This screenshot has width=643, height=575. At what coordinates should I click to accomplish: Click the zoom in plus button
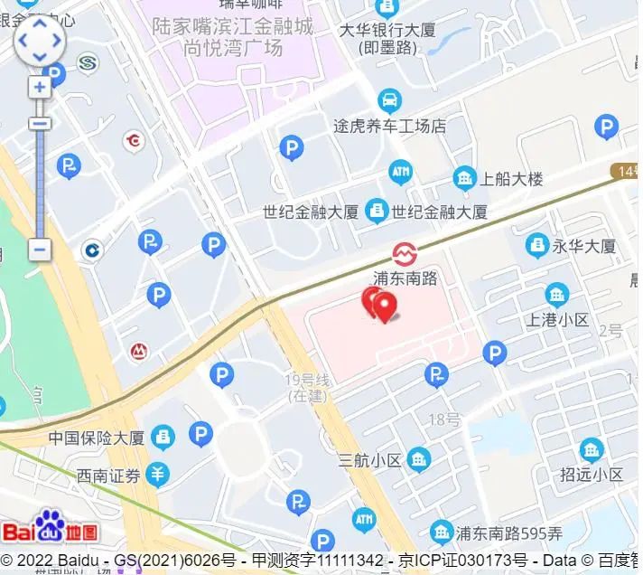[x=40, y=88]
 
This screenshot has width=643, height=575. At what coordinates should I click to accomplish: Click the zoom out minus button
[x=40, y=250]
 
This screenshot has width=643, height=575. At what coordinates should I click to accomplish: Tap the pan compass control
[x=40, y=41]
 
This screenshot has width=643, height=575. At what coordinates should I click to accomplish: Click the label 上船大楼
[x=512, y=178]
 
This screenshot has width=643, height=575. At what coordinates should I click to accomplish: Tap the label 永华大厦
[x=584, y=246]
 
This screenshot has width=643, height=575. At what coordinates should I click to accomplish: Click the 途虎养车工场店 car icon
[x=389, y=99]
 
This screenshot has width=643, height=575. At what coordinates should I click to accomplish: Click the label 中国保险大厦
[x=97, y=438]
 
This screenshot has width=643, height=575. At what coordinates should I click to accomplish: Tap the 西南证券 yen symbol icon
[x=159, y=473]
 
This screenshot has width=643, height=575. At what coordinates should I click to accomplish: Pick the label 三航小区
[x=369, y=460]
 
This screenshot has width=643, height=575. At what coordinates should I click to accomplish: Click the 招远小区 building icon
[x=592, y=448]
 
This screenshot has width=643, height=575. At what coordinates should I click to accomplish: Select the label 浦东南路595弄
[x=509, y=531]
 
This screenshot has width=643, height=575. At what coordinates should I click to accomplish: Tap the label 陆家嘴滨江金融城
[x=234, y=26]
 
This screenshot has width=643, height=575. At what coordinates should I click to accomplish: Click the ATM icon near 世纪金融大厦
[x=400, y=171]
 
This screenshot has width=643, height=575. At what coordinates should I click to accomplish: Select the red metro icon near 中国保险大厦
[x=139, y=351]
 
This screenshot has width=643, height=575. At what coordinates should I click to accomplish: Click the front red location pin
[x=386, y=306]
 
